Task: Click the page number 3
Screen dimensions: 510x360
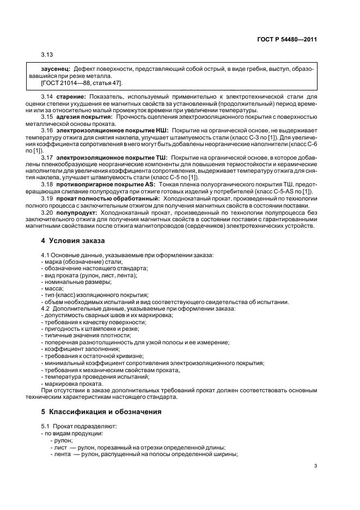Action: click(315, 466)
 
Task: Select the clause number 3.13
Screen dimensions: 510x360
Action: click(47, 55)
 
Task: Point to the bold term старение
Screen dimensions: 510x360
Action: click(71, 96)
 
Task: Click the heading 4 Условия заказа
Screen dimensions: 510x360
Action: click(73, 240)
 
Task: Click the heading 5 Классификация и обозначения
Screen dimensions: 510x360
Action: click(101, 411)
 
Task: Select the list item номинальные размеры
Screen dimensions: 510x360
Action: click(77, 281)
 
